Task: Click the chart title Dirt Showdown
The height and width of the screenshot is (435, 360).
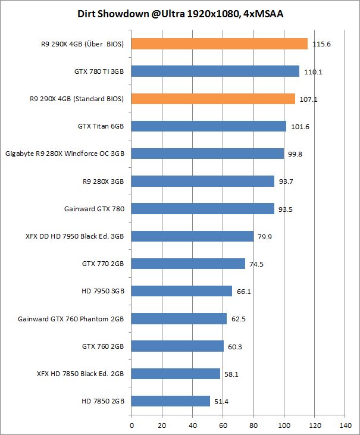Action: pyautogui.click(x=180, y=13)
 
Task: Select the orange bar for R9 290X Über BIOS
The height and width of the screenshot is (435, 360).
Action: pyautogui.click(x=219, y=43)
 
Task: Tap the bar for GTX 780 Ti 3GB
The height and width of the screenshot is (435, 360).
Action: pyautogui.click(x=215, y=71)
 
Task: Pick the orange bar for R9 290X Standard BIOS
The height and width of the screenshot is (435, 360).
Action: pyautogui.click(x=212, y=99)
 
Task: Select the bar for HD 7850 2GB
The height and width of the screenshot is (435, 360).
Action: pyautogui.click(x=170, y=401)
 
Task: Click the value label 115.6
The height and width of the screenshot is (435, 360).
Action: pyautogui.click(x=322, y=44)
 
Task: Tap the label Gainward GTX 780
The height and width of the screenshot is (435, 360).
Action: pyautogui.click(x=94, y=209)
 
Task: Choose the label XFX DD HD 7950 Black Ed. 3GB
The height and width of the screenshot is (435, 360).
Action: pyautogui.click(x=73, y=236)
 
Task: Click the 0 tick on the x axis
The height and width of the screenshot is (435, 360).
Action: pyautogui.click(x=132, y=425)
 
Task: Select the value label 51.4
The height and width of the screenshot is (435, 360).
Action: pyautogui.click(x=221, y=402)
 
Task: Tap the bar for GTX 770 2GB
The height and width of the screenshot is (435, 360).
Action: pyautogui.click(x=188, y=264)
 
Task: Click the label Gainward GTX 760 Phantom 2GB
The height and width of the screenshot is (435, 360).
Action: pyautogui.click(x=71, y=319)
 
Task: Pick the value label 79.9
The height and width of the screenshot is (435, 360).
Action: pyautogui.click(x=265, y=237)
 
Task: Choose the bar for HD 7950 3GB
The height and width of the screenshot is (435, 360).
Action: pyautogui.click(x=181, y=291)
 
